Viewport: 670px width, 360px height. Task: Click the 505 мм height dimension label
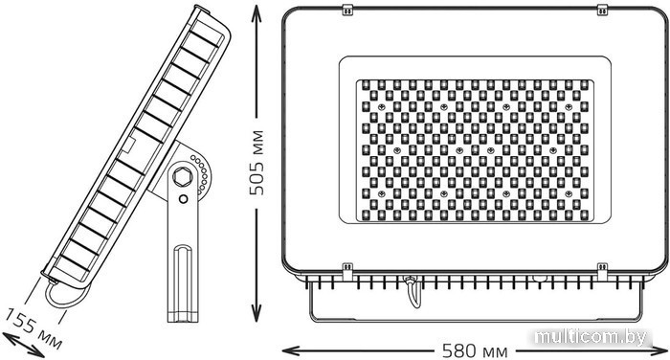pos(257,163)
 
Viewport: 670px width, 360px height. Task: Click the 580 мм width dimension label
pos(475,351)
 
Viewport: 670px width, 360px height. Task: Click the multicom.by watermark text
pos(592,338)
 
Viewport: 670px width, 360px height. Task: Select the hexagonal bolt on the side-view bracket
pos(182,177)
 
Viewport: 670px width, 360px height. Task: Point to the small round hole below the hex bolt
pos(184,199)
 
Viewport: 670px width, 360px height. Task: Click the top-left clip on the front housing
pos(347,10)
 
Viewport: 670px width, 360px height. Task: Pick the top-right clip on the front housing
pos(602,10)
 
